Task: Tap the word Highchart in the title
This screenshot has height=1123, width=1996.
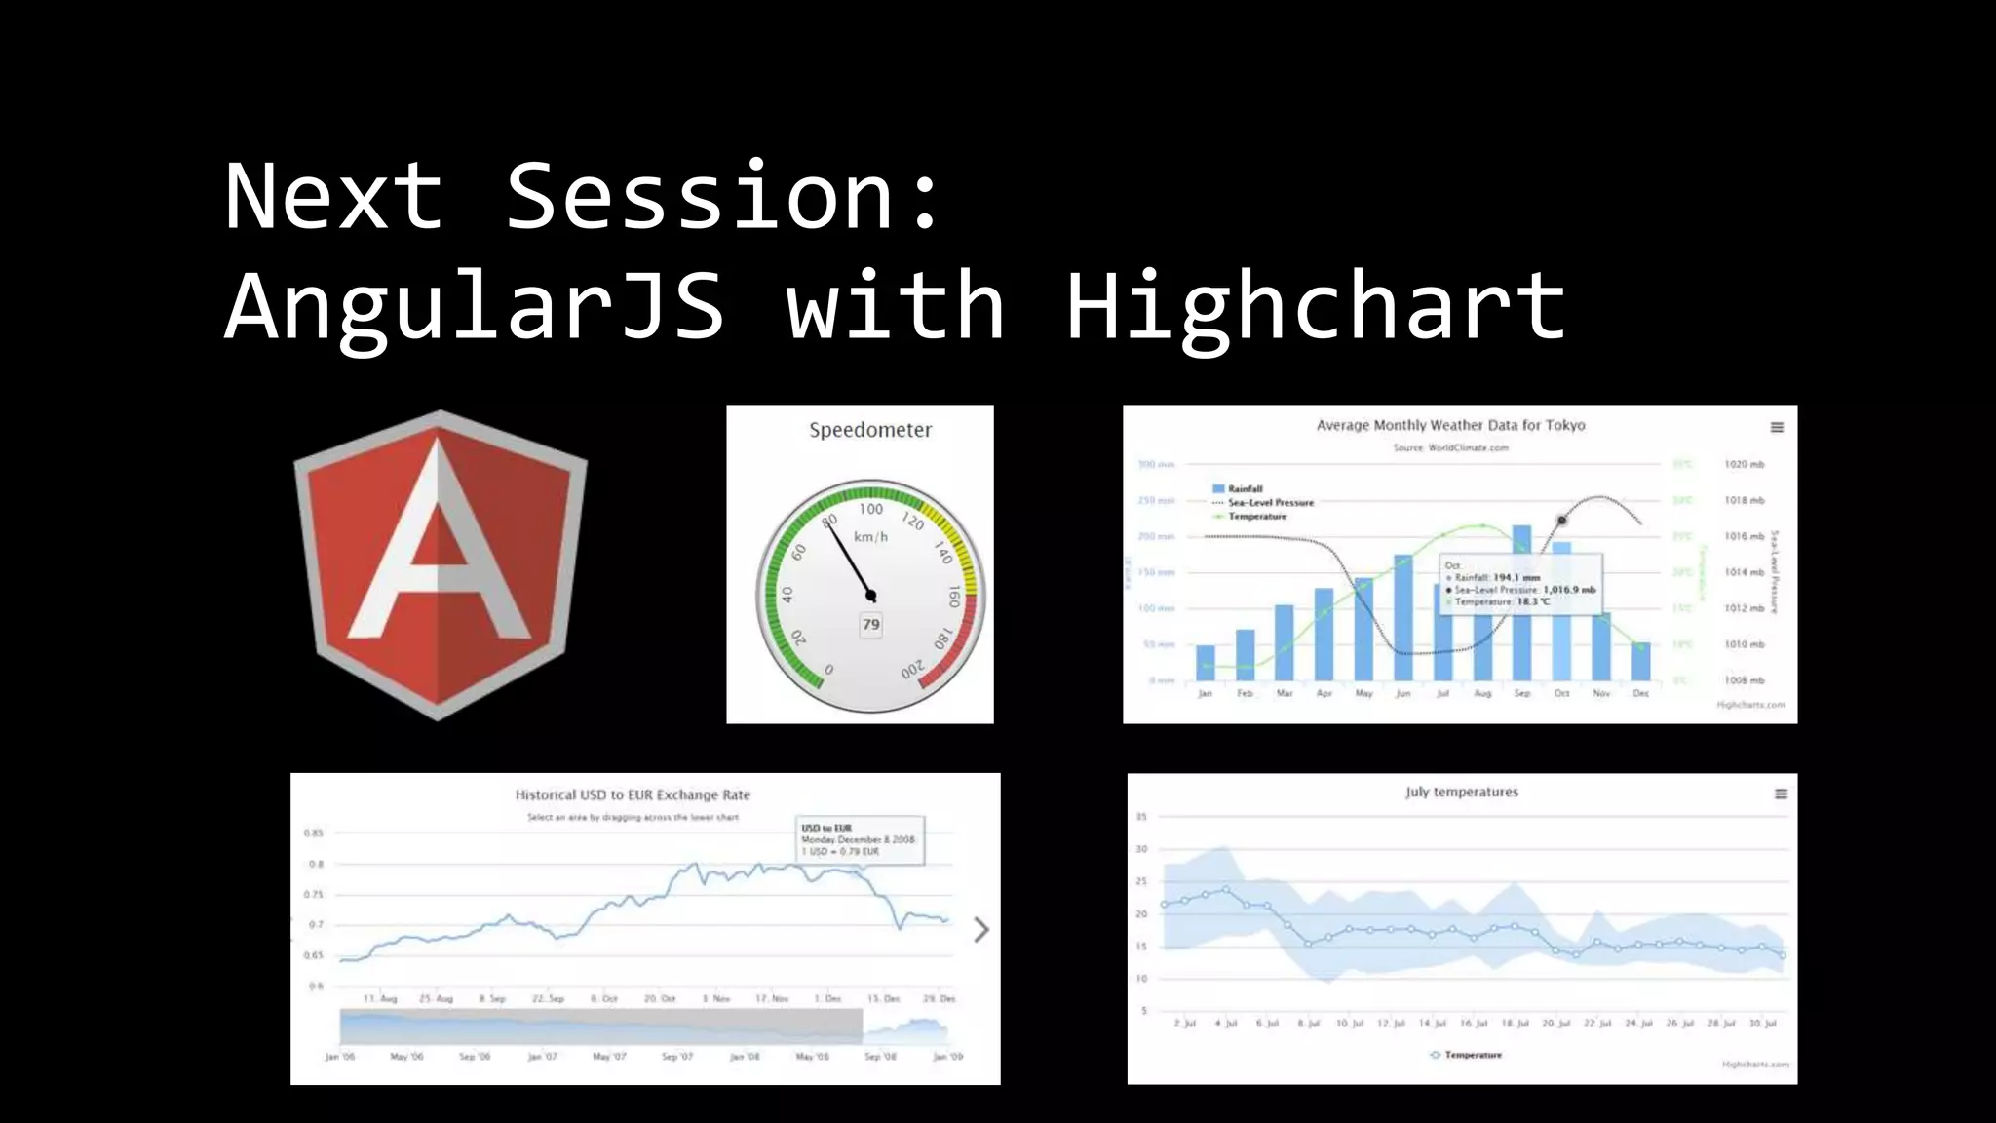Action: [1316, 307]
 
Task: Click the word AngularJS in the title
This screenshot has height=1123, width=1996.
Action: [475, 307]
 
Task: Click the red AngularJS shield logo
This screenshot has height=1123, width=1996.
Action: [440, 565]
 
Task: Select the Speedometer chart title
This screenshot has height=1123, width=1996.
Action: [870, 430]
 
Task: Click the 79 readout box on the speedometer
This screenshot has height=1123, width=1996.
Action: [870, 625]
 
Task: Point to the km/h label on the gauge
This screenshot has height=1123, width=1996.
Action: [870, 537]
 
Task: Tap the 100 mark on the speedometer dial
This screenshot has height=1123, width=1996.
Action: [870, 509]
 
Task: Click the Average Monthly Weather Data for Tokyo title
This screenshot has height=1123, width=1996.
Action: [1450, 425]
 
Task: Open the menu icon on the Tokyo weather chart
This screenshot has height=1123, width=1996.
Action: [1777, 427]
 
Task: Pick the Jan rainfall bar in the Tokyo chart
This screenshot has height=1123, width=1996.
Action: [1206, 663]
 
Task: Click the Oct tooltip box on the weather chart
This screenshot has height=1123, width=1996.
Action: [1520, 584]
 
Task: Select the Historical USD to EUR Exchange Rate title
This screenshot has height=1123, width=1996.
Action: [633, 794]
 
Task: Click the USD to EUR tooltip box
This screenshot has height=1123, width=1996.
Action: [860, 839]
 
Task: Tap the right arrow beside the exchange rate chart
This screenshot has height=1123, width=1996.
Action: [981, 930]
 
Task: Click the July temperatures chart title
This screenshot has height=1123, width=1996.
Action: [1462, 792]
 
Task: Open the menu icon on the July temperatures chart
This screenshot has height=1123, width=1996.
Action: [1781, 794]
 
